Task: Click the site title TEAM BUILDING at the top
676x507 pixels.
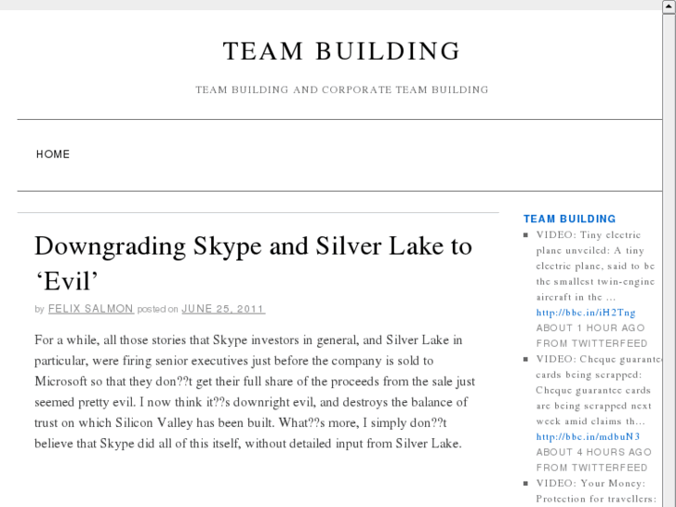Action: [x=341, y=51]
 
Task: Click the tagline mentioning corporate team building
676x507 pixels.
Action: [x=341, y=90]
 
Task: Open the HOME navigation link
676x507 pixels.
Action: [x=53, y=154]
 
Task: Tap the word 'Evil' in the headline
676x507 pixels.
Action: [x=66, y=280]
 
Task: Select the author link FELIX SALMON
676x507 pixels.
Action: [x=91, y=309]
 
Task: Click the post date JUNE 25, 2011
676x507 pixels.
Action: [x=223, y=309]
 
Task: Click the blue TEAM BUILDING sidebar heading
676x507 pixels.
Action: [x=569, y=220]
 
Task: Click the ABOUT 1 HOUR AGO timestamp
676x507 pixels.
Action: [x=590, y=328]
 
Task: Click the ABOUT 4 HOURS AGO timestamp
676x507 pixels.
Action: [x=592, y=452]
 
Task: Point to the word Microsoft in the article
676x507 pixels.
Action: [x=66, y=381]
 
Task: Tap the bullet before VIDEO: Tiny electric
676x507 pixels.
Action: [x=526, y=235]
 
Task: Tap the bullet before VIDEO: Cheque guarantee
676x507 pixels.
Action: [x=526, y=359]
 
